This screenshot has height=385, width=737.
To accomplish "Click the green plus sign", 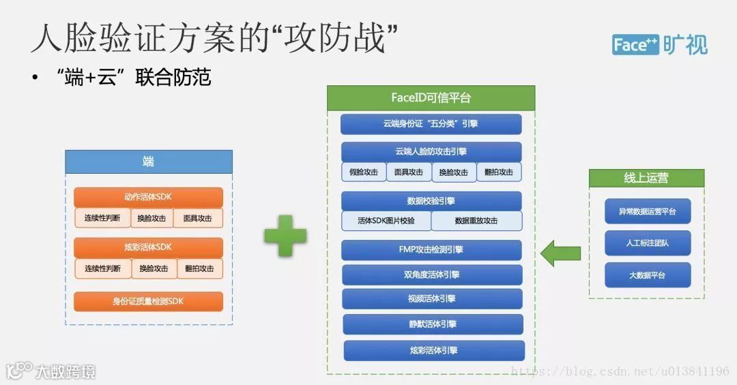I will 285,235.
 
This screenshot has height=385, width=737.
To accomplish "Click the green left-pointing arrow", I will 560,253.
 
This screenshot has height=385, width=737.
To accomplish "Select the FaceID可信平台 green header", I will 431,97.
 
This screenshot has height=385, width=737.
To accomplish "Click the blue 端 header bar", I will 148,161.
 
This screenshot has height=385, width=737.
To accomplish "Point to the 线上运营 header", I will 646,179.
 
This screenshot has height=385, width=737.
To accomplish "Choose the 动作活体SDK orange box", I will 148,197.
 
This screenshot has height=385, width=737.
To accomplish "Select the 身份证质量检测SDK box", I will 148,301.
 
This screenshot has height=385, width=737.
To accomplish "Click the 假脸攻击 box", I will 363,172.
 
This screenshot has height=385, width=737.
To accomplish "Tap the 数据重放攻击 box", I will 476,221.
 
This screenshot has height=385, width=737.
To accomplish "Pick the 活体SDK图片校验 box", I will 386,221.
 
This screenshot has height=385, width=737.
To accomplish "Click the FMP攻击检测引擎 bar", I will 431,249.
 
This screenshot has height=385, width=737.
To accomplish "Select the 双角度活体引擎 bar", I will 431,275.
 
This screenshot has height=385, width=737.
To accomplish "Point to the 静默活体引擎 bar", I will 433,324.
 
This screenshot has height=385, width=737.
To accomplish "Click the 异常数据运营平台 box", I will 647,211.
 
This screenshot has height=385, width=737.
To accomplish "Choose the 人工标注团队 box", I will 647,243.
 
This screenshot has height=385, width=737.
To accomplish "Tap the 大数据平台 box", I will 647,275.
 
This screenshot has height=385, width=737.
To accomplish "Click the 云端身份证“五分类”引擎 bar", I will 431,124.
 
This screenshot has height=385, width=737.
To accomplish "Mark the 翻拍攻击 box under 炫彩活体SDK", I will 199,268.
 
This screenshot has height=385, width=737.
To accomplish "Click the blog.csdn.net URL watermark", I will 620,371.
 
